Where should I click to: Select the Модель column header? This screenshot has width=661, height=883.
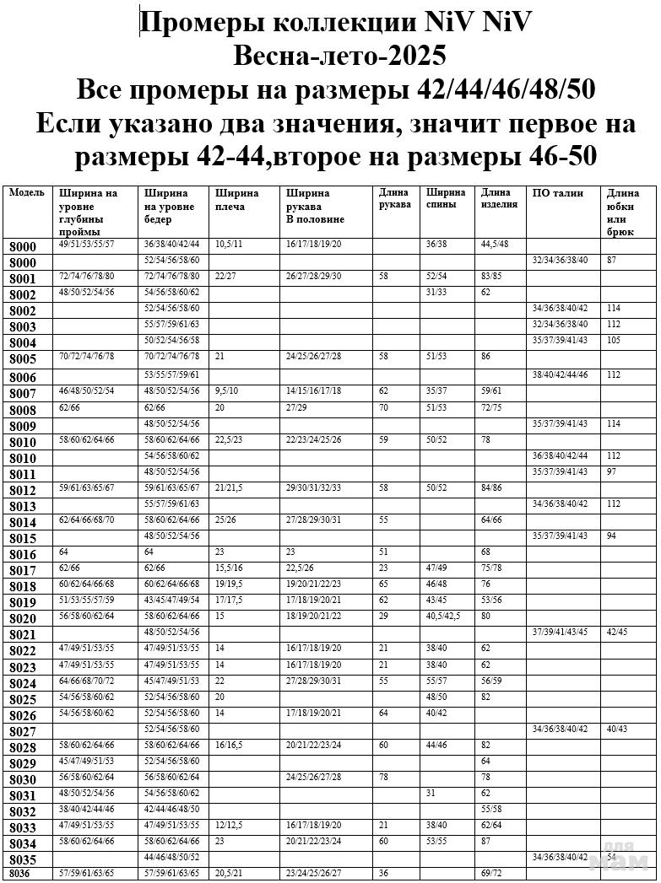point(26,193)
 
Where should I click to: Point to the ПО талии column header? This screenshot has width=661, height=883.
point(558,193)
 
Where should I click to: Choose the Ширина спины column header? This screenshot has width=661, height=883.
point(446,199)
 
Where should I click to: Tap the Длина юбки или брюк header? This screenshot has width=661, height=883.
point(623,212)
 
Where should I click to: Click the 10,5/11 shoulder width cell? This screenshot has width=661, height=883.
point(229,244)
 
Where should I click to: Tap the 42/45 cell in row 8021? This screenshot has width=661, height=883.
point(617,632)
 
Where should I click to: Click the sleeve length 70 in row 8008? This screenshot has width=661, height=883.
point(384,407)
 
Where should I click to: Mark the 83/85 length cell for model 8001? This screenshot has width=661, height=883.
point(491,276)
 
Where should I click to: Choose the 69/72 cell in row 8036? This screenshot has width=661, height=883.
point(491,873)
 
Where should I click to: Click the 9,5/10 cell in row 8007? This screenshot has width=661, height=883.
point(228,391)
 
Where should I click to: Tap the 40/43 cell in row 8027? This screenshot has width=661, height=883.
point(617,728)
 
